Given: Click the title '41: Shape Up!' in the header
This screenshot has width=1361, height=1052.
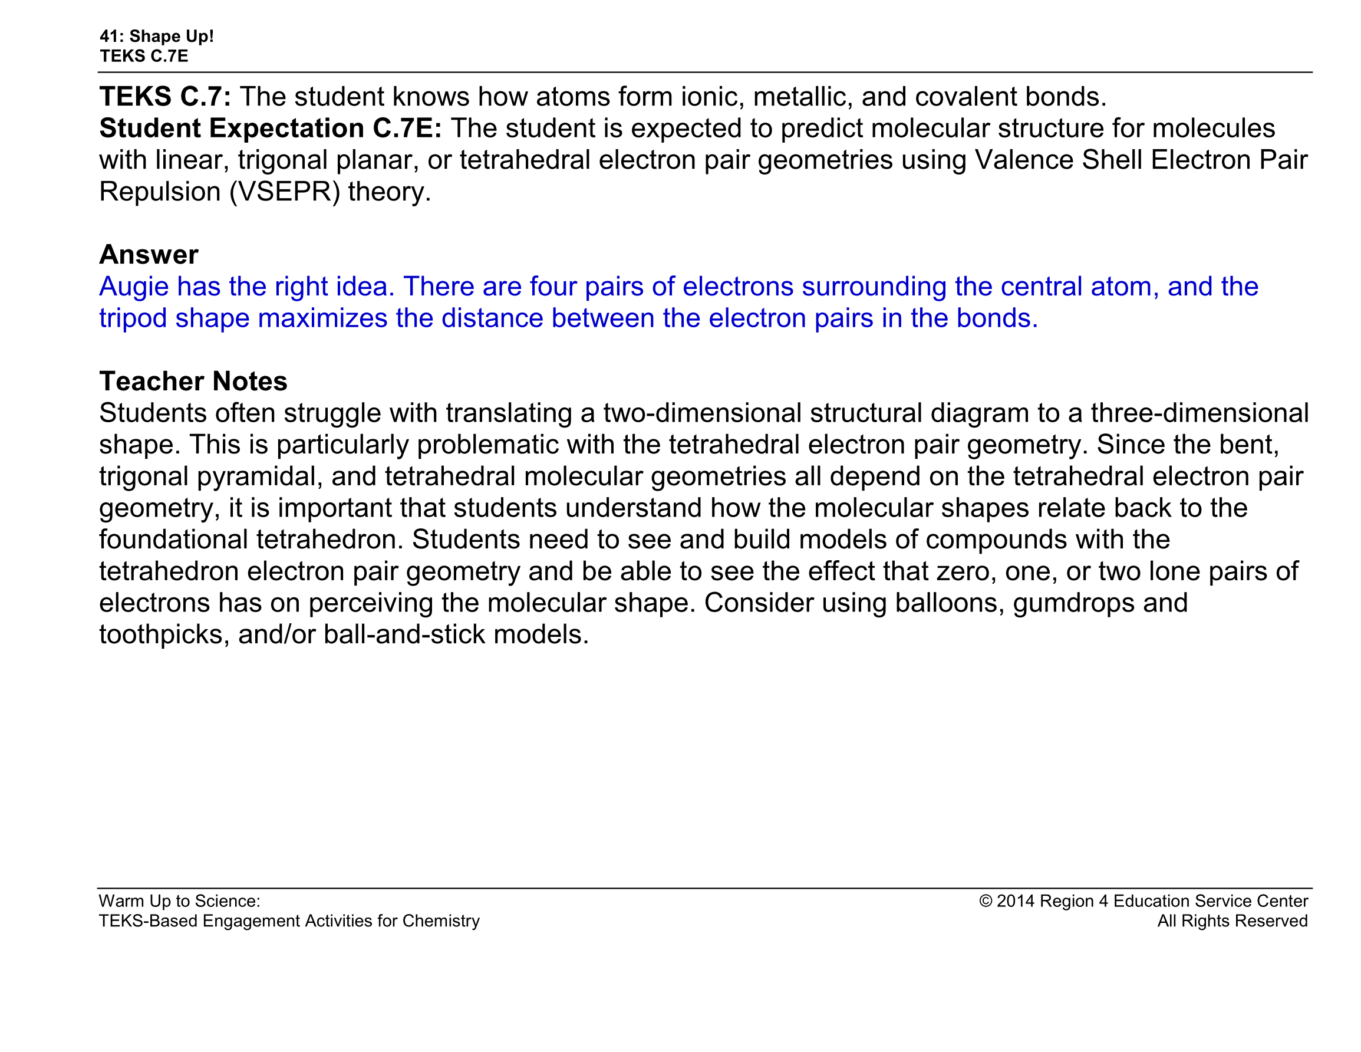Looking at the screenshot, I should pos(156,36).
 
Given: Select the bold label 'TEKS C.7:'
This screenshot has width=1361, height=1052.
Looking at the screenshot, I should pos(165,97).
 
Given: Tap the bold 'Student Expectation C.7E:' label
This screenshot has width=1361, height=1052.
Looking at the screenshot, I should pos(271,129).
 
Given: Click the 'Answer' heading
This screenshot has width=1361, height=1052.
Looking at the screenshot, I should pos(149,254).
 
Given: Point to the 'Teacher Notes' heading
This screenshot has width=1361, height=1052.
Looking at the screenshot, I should pos(193,381).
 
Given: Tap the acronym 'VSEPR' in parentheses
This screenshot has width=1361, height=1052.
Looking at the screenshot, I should pos(285,192).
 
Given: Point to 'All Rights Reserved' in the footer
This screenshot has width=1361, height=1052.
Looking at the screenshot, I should pos(1232,921).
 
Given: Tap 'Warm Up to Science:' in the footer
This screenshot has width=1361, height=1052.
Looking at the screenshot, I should pos(179,901).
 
